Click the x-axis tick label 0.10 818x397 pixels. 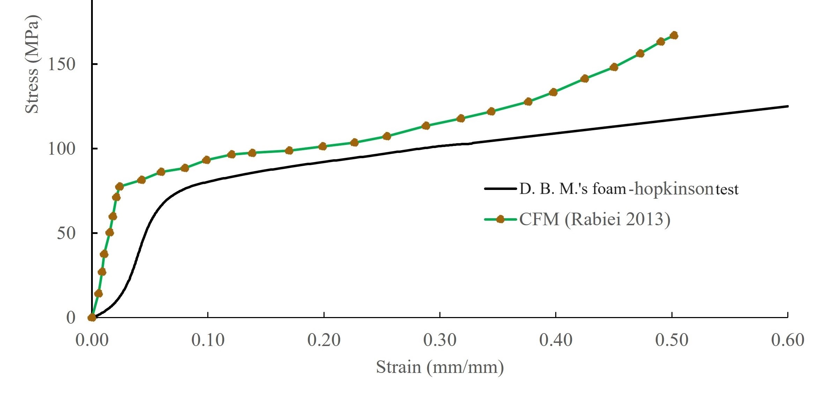tap(208, 340)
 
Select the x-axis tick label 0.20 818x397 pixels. tap(324, 340)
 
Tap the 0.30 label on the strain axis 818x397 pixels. tap(440, 340)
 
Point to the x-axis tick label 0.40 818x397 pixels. tap(556, 340)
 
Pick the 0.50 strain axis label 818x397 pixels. tap(671, 340)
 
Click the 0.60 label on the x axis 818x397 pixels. tap(787, 340)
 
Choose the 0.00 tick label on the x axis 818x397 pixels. tap(92, 340)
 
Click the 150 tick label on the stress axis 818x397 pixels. tap(61, 64)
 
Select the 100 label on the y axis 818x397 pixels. tap(61, 149)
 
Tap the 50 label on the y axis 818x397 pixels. tap(66, 233)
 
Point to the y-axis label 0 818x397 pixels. tap(71, 318)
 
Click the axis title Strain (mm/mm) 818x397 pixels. tap(440, 367)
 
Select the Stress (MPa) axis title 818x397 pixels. tap(32, 65)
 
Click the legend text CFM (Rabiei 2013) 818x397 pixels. tap(595, 219)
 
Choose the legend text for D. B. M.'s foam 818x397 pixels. tap(629, 189)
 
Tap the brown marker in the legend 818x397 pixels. tap(500, 219)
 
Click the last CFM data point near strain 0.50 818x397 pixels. tap(674, 35)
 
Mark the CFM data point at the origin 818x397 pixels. tap(92, 317)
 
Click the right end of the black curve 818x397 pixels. tap(787, 106)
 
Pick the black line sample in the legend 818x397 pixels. tap(500, 189)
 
